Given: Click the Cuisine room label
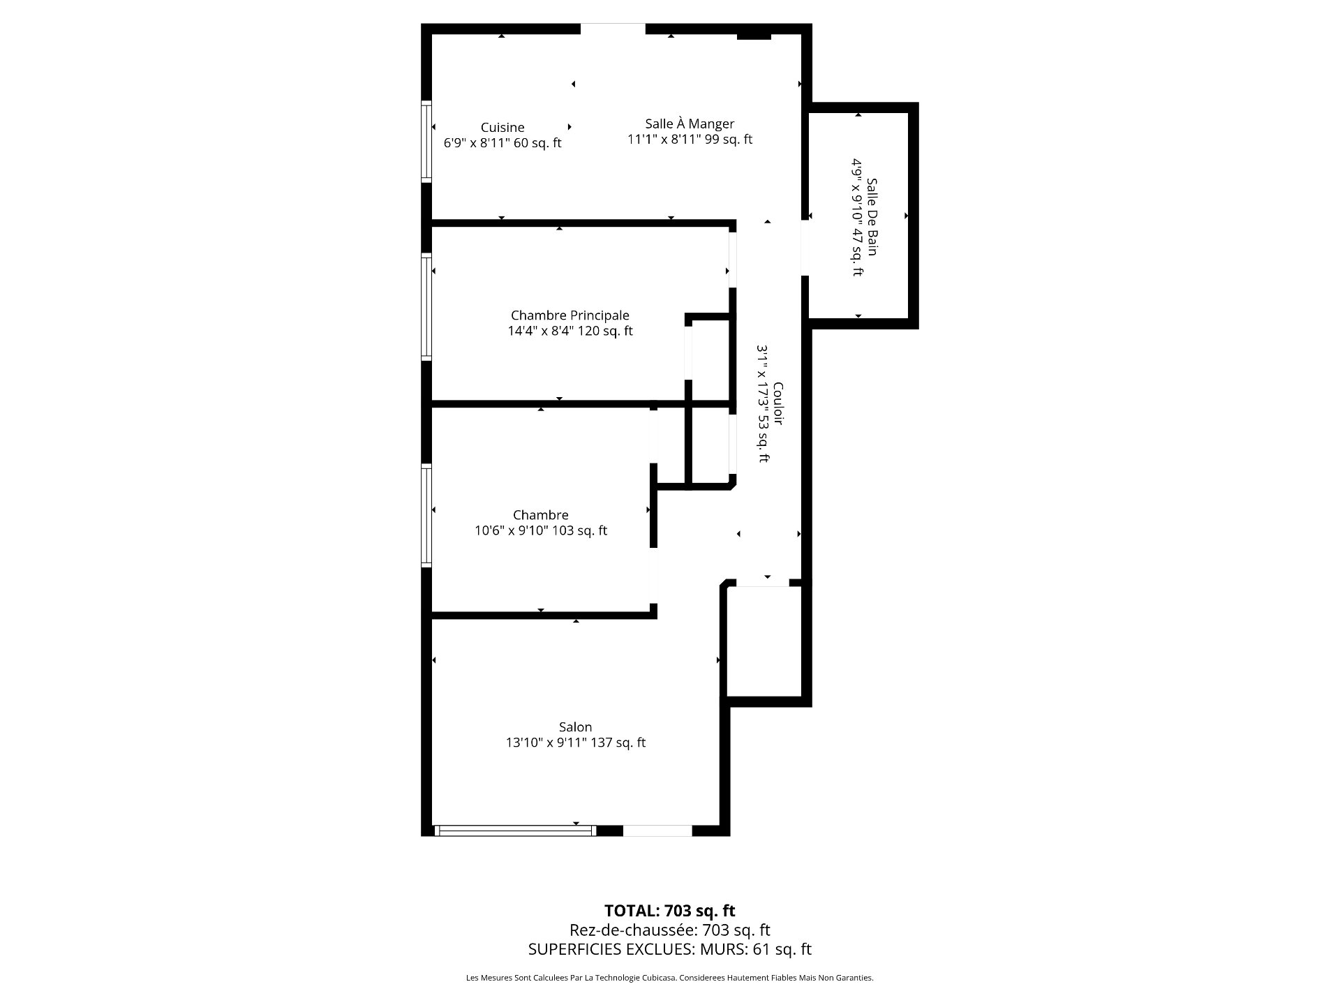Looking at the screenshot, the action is (x=502, y=128).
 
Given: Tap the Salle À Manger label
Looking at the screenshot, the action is (x=690, y=124).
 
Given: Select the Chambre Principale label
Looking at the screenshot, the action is (x=569, y=315).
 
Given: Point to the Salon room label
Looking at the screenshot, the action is (x=575, y=727).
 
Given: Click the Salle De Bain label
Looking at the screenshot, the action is (x=872, y=216).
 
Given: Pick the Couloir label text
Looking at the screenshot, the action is (x=778, y=403).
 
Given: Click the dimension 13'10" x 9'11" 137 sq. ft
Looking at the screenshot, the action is (x=576, y=743).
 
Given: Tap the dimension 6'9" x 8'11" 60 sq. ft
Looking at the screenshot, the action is (x=502, y=143).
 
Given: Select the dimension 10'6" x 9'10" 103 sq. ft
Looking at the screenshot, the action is (x=541, y=530).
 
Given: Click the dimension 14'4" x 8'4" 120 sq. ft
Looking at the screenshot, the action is (x=570, y=331).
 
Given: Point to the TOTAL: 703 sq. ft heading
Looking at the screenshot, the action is (x=670, y=911).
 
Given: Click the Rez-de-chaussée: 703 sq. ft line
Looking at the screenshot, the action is (x=670, y=930).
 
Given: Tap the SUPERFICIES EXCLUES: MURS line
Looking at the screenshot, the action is (x=670, y=949).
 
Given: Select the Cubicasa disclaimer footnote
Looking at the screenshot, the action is (x=670, y=978).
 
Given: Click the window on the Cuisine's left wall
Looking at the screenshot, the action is (x=426, y=142).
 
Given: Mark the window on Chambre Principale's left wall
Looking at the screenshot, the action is (x=426, y=308).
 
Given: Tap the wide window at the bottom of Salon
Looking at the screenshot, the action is (x=515, y=831).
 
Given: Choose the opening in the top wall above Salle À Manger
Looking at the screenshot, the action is (x=613, y=29).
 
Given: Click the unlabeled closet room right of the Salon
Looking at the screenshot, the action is (x=764, y=641).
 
